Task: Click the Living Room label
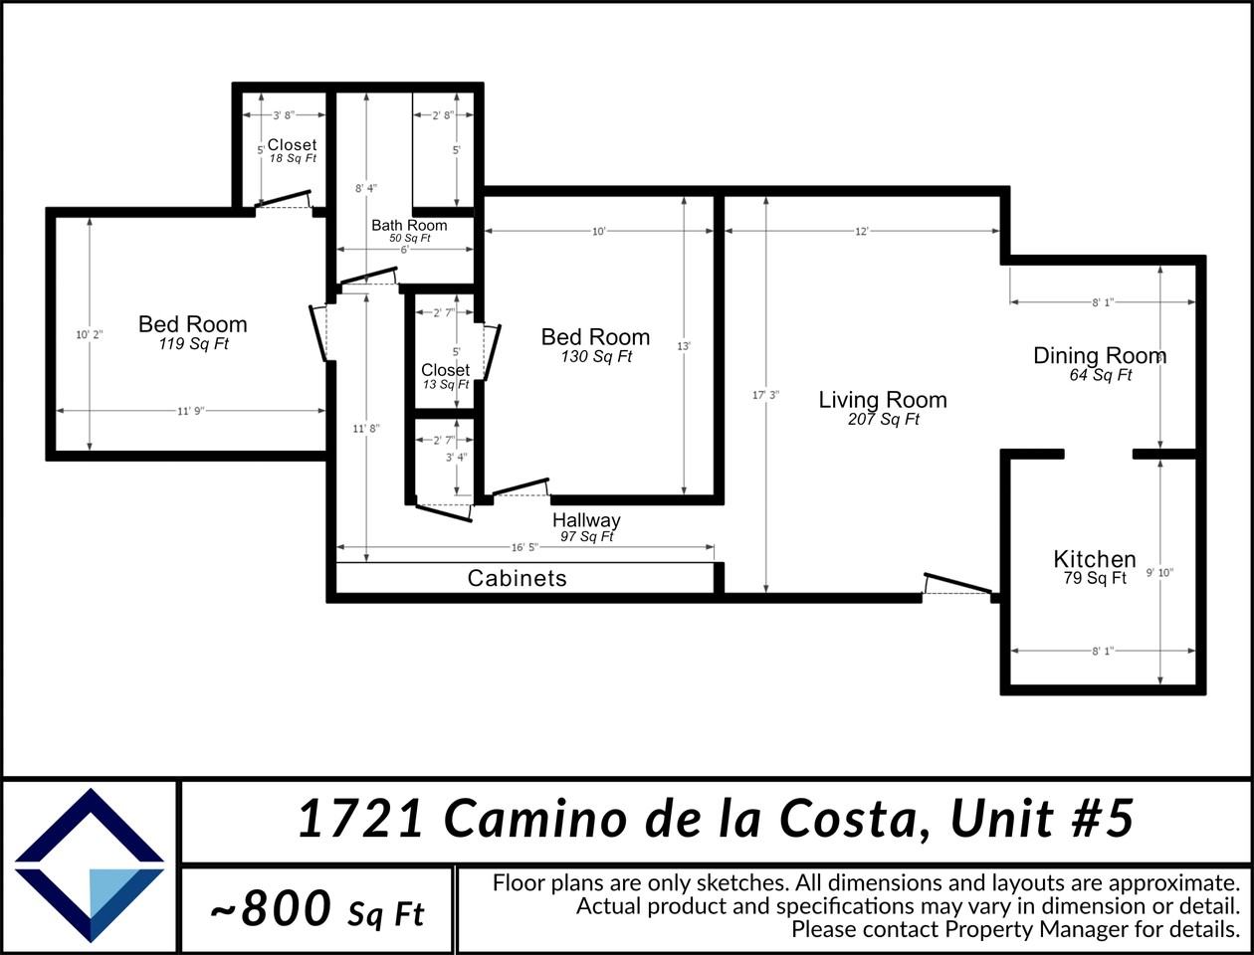tap(882, 400)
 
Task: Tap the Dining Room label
tap(1099, 356)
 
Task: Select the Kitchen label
tap(1094, 559)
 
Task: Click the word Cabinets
tap(517, 578)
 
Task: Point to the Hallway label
tap(586, 520)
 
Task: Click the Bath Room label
tap(409, 226)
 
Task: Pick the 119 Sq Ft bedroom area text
tap(193, 344)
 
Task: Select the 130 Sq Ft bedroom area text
tap(595, 357)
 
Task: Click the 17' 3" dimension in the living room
tap(765, 395)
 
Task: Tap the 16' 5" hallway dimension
tap(524, 547)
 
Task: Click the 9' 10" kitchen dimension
tap(1159, 573)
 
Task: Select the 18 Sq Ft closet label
tap(293, 158)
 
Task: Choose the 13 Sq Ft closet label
tap(445, 384)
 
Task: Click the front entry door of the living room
tap(957, 585)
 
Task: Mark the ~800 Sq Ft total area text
tap(316, 909)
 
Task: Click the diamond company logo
tap(90, 865)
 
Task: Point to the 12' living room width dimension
tap(862, 231)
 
